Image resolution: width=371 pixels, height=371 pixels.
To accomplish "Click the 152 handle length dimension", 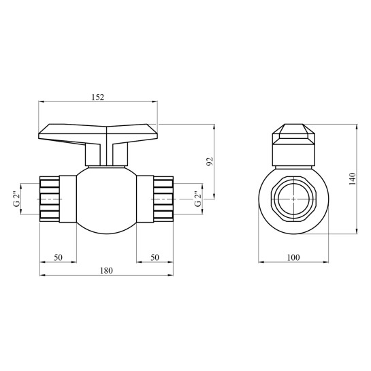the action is (x=98, y=97).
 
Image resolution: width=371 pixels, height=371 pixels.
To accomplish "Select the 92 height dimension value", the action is (x=210, y=161).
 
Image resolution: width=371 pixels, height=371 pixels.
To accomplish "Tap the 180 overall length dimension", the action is (x=106, y=270).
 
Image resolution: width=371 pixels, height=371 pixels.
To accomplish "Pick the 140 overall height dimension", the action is (x=353, y=179).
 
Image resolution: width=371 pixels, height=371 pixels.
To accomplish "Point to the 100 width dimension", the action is (x=293, y=257).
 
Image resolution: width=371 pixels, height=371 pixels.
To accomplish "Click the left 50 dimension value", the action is (x=58, y=257).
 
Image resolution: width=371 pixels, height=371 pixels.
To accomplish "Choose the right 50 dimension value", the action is (x=155, y=257).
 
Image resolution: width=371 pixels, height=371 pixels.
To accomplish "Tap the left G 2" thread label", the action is (x=17, y=199).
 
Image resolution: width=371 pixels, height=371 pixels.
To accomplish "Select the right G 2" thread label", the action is (x=198, y=199).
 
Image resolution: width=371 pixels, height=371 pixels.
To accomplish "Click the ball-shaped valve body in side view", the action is (x=106, y=201).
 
